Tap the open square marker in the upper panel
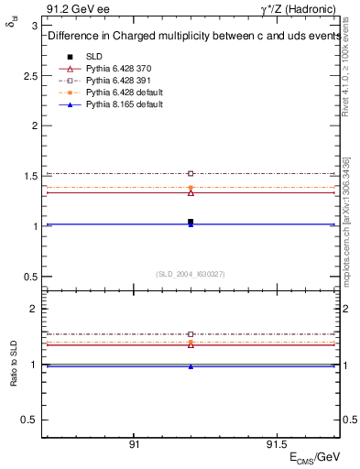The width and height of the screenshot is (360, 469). point(191,173)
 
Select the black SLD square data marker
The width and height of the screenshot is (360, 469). point(191,222)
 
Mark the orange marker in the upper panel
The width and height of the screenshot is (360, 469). point(191,187)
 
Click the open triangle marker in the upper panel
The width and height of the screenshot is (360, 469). point(191,192)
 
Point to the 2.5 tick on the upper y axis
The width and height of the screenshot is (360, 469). point(32,75)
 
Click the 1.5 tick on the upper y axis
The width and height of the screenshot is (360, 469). point(32,176)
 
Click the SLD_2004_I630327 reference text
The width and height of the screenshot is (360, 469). point(191,274)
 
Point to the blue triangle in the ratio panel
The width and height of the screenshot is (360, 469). point(191,366)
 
